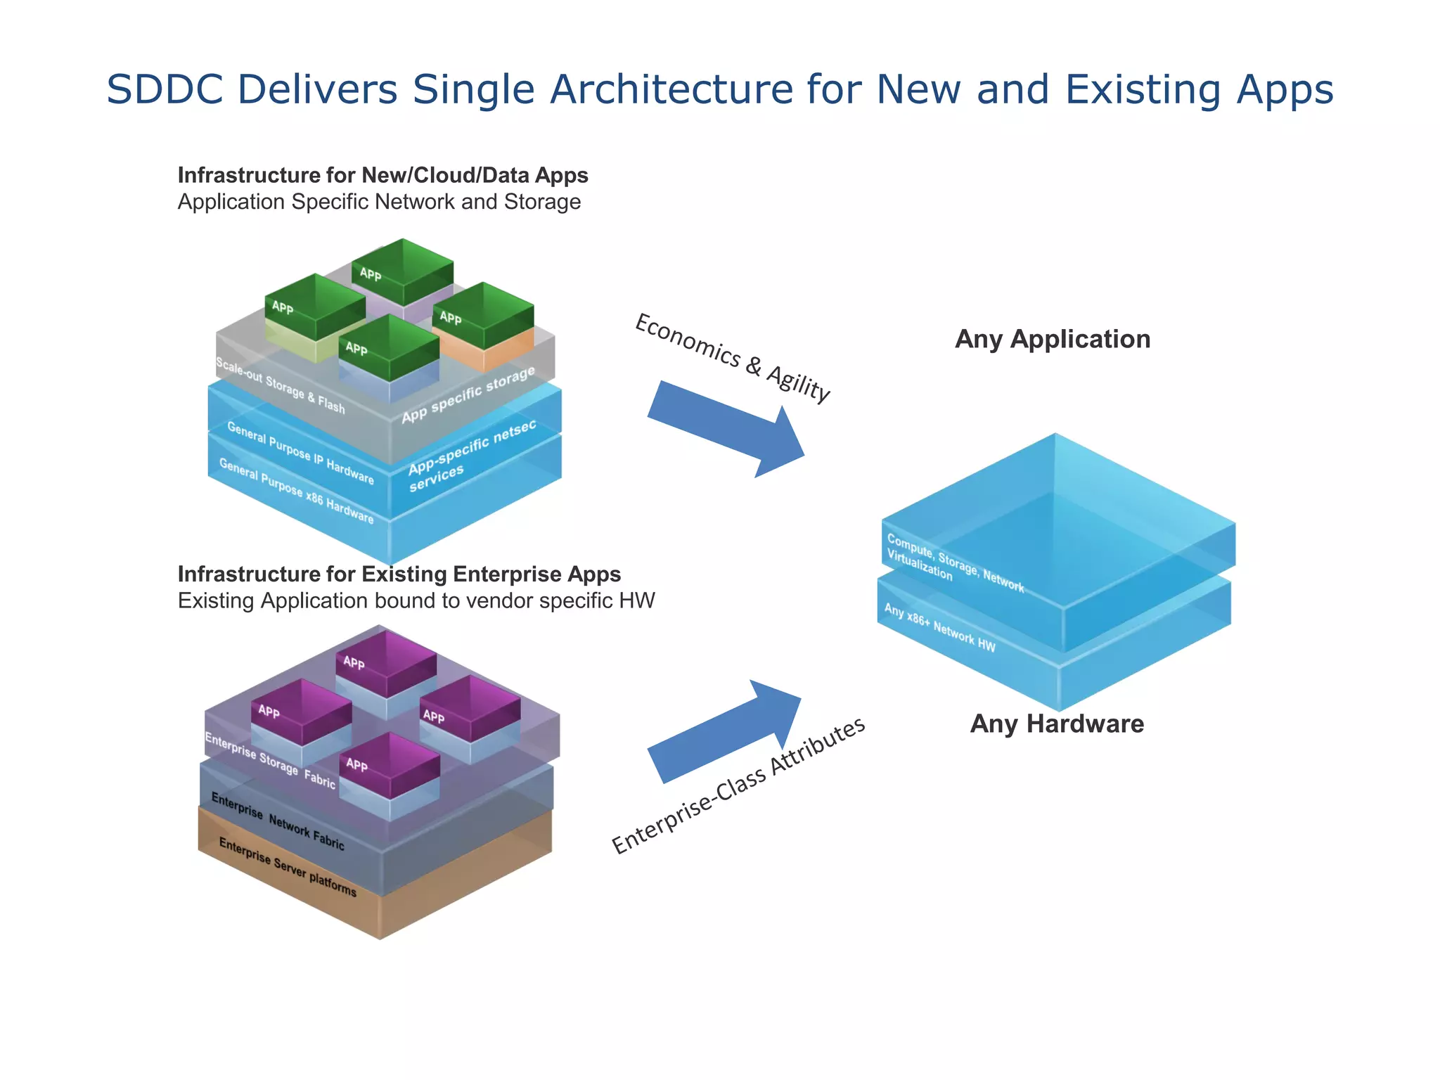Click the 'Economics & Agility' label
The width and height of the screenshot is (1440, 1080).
tap(732, 358)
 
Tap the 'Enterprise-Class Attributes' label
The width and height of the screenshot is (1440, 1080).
tap(738, 785)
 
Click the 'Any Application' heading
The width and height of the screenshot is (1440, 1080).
tap(1052, 339)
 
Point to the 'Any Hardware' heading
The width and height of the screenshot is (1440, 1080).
tap(1056, 724)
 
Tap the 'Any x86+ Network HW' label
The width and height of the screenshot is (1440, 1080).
tap(939, 628)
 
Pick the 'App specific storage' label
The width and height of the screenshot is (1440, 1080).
tap(468, 394)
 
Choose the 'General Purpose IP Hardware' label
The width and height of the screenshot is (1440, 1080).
tap(300, 453)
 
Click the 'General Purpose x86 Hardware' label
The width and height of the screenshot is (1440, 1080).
tap(296, 491)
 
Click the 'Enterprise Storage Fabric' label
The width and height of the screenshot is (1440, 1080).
tap(270, 760)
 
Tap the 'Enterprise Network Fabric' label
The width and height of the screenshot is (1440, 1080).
tap(278, 822)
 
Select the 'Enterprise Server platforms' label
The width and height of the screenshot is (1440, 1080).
tap(288, 867)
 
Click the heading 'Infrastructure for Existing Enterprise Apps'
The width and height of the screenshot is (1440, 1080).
tap(399, 574)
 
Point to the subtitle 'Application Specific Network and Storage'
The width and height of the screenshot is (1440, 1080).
tap(379, 202)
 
